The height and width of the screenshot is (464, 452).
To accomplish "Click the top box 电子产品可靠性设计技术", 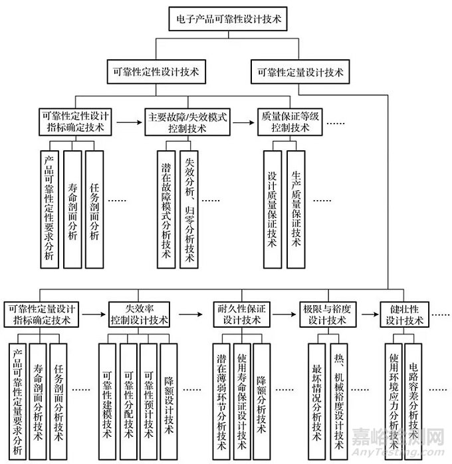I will [x=225, y=20].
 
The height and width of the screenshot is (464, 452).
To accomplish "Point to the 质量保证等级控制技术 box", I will [x=290, y=122].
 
